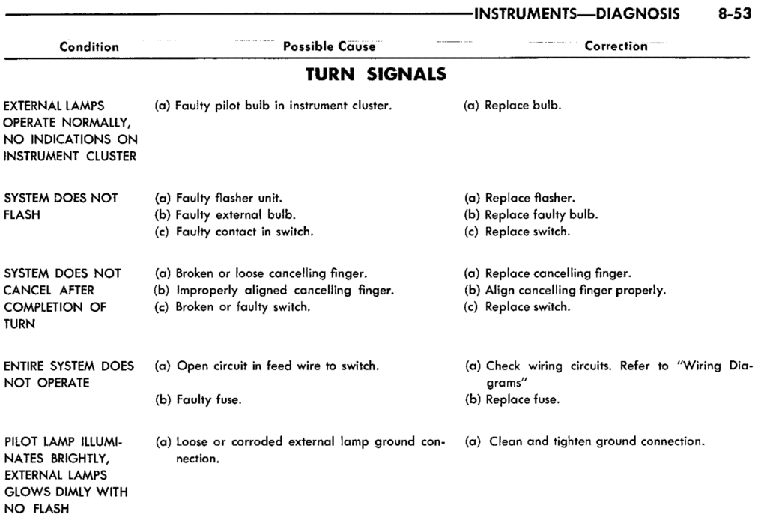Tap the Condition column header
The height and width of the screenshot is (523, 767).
[89, 46]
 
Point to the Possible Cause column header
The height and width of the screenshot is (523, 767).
[328, 46]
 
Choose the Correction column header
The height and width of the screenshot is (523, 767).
[616, 46]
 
